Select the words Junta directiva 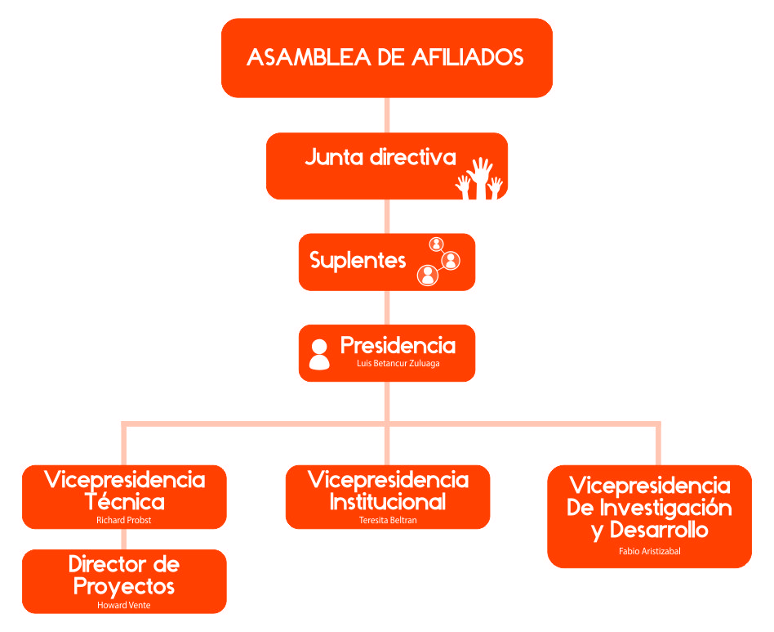380,157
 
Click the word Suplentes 358,261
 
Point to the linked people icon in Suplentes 438,261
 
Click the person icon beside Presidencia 319,354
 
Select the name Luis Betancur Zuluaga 398,363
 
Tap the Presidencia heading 398,345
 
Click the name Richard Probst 124,520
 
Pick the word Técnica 124,501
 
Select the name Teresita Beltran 388,520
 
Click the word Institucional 388,501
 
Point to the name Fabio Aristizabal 649,551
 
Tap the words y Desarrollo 649,530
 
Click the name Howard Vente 124,605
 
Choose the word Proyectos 124,585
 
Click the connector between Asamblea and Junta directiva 387,114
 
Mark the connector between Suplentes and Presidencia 387,307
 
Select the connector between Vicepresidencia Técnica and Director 124,539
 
